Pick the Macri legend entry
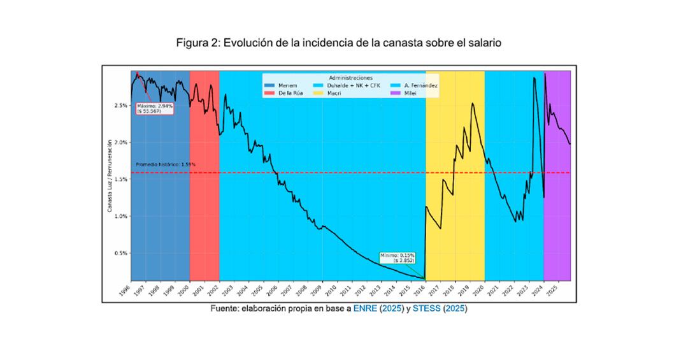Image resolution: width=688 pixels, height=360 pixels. pos(334,92)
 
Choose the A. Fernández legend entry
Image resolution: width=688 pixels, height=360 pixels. pos(415,85)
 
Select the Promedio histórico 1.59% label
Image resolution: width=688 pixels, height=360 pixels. pos(166,164)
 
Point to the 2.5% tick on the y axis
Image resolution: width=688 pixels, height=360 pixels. pos(120,105)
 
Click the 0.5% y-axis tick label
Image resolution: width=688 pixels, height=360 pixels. pos(120,253)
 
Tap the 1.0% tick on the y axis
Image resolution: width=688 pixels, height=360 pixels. pos(120,216)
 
